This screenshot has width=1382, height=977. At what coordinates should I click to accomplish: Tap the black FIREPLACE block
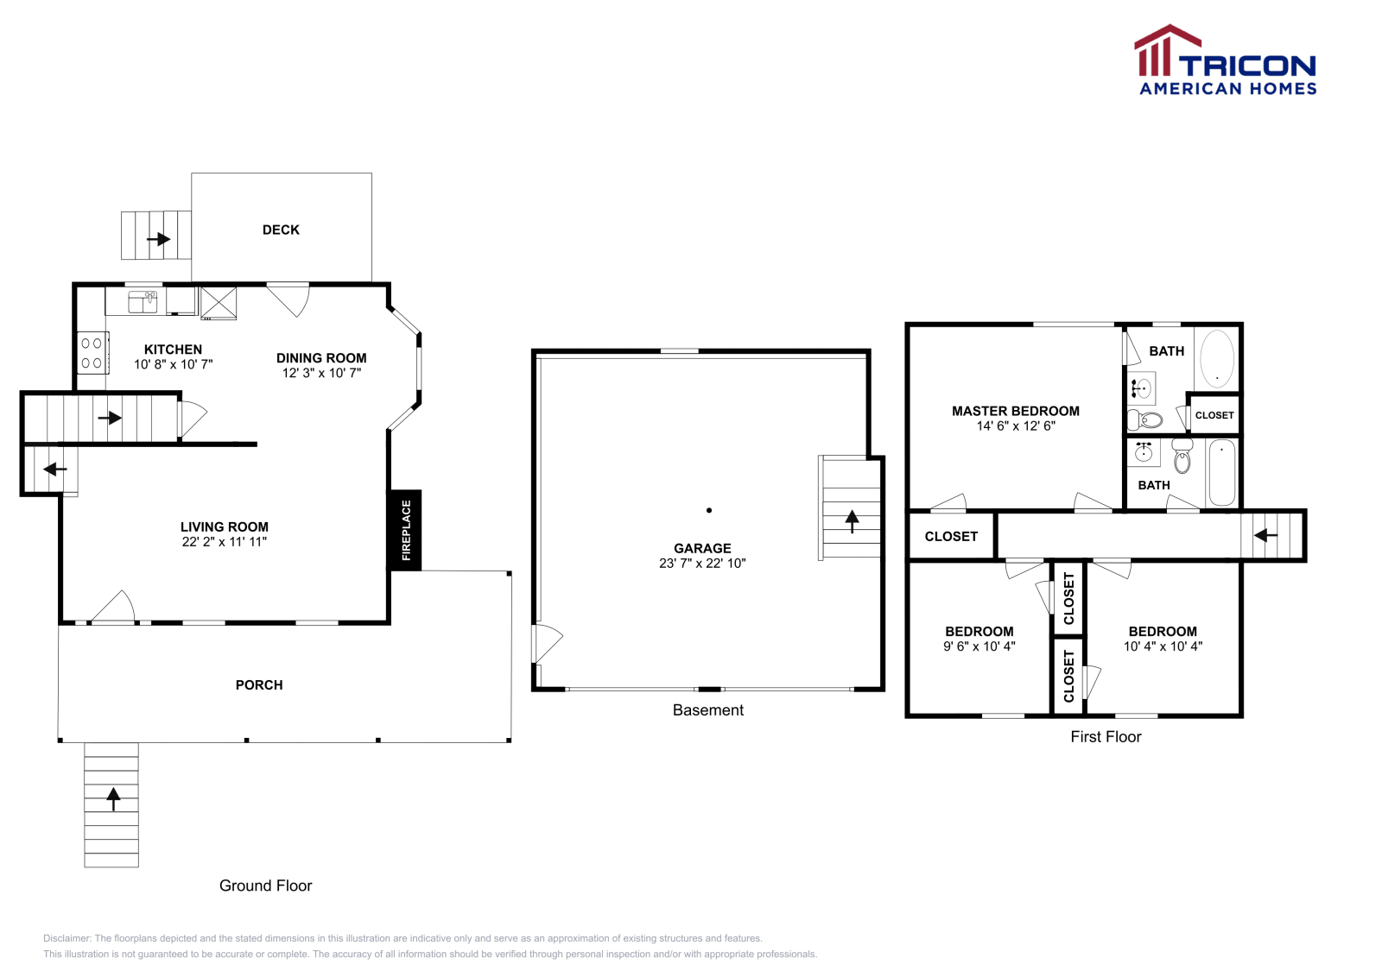(x=405, y=530)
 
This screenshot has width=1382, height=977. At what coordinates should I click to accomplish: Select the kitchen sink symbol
(x=143, y=301)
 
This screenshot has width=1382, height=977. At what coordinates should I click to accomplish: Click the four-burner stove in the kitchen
(x=92, y=353)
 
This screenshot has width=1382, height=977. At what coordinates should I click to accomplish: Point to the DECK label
(x=281, y=230)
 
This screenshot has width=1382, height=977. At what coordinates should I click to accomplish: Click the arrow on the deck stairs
(x=158, y=238)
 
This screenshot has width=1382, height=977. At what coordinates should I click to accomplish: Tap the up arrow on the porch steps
(x=113, y=797)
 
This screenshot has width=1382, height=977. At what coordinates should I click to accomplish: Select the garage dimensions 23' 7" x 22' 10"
(x=702, y=563)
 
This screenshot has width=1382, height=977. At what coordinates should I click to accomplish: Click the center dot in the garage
(x=709, y=510)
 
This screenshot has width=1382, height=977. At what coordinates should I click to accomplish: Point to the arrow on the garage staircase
(x=852, y=520)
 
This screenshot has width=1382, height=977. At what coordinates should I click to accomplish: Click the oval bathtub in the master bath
(x=1216, y=358)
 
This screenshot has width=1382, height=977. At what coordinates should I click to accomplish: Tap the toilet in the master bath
(x=1146, y=420)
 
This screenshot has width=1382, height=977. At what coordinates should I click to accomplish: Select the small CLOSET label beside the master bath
(x=1214, y=415)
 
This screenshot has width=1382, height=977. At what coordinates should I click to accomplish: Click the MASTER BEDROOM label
(x=1015, y=411)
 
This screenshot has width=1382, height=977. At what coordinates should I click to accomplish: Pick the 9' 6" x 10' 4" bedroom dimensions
(x=979, y=646)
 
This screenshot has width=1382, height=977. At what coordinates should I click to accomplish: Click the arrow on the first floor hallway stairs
(x=1265, y=535)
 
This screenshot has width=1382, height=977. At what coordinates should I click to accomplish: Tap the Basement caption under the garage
(x=707, y=709)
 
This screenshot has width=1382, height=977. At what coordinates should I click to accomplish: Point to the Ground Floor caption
(x=265, y=886)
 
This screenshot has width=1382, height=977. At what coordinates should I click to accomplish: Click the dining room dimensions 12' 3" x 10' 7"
(x=321, y=373)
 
